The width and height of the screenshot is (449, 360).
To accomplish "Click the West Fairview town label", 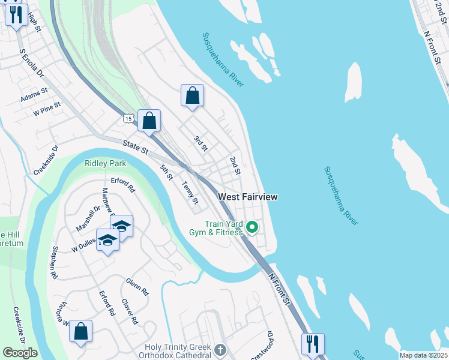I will [x=248, y=197].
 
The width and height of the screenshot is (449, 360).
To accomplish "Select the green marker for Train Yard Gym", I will [x=253, y=227].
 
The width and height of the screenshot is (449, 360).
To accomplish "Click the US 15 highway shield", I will [x=128, y=119].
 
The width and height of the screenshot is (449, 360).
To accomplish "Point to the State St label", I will [x=135, y=145].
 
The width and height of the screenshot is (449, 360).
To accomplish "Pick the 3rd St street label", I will [x=200, y=143].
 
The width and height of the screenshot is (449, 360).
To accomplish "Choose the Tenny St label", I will [x=190, y=193].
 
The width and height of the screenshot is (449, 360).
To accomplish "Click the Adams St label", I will [x=33, y=96].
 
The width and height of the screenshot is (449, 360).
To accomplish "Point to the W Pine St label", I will [x=47, y=109].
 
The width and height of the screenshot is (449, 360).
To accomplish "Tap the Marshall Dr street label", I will [x=88, y=219].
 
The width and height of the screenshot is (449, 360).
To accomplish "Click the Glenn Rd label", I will [x=137, y=287].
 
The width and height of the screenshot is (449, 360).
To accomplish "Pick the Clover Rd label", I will [x=130, y=311].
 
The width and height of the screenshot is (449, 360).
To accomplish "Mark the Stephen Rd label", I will [x=55, y=262].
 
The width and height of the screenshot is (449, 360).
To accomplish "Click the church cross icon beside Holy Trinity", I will [x=220, y=349].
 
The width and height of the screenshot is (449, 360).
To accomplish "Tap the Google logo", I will [x=20, y=353].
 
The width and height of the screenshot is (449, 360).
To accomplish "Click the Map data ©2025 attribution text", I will [x=423, y=355].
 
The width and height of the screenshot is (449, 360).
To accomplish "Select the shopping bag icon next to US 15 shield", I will [x=149, y=121].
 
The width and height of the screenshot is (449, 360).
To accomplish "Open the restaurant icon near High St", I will [x=17, y=13].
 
